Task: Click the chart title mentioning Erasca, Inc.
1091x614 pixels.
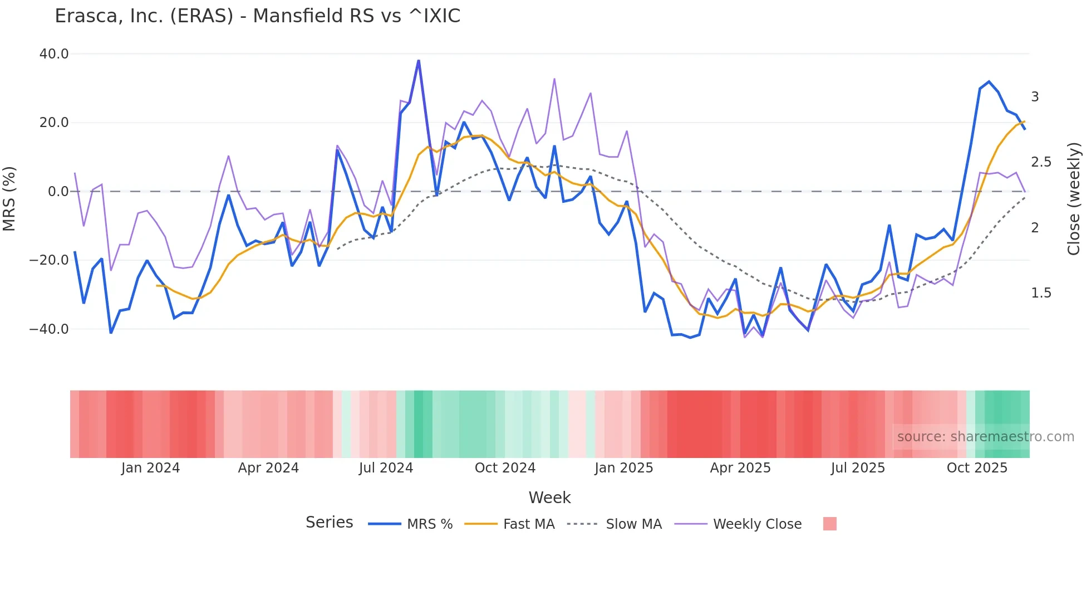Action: click(x=257, y=16)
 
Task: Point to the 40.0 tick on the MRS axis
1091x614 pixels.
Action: click(x=54, y=54)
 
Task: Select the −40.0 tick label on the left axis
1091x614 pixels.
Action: click(x=49, y=329)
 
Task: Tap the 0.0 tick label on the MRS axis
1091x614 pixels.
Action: click(x=58, y=192)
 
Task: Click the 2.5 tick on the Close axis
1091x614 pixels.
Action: click(x=1041, y=162)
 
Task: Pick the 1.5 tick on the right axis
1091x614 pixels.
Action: click(x=1041, y=293)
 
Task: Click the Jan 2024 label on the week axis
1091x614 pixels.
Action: click(x=150, y=468)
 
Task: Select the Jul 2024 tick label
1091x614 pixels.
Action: click(x=386, y=468)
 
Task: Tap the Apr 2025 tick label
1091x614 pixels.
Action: click(x=740, y=468)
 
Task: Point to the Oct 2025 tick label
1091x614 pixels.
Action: click(x=977, y=468)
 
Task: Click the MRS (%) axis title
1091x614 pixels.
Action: click(x=9, y=199)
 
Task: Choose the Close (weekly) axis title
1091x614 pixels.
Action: click(x=1074, y=199)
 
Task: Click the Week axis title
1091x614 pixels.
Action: click(x=549, y=498)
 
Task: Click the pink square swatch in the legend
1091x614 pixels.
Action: click(x=829, y=524)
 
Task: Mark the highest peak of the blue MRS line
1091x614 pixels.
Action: click(x=419, y=61)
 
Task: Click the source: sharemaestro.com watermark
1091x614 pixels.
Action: click(x=985, y=437)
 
